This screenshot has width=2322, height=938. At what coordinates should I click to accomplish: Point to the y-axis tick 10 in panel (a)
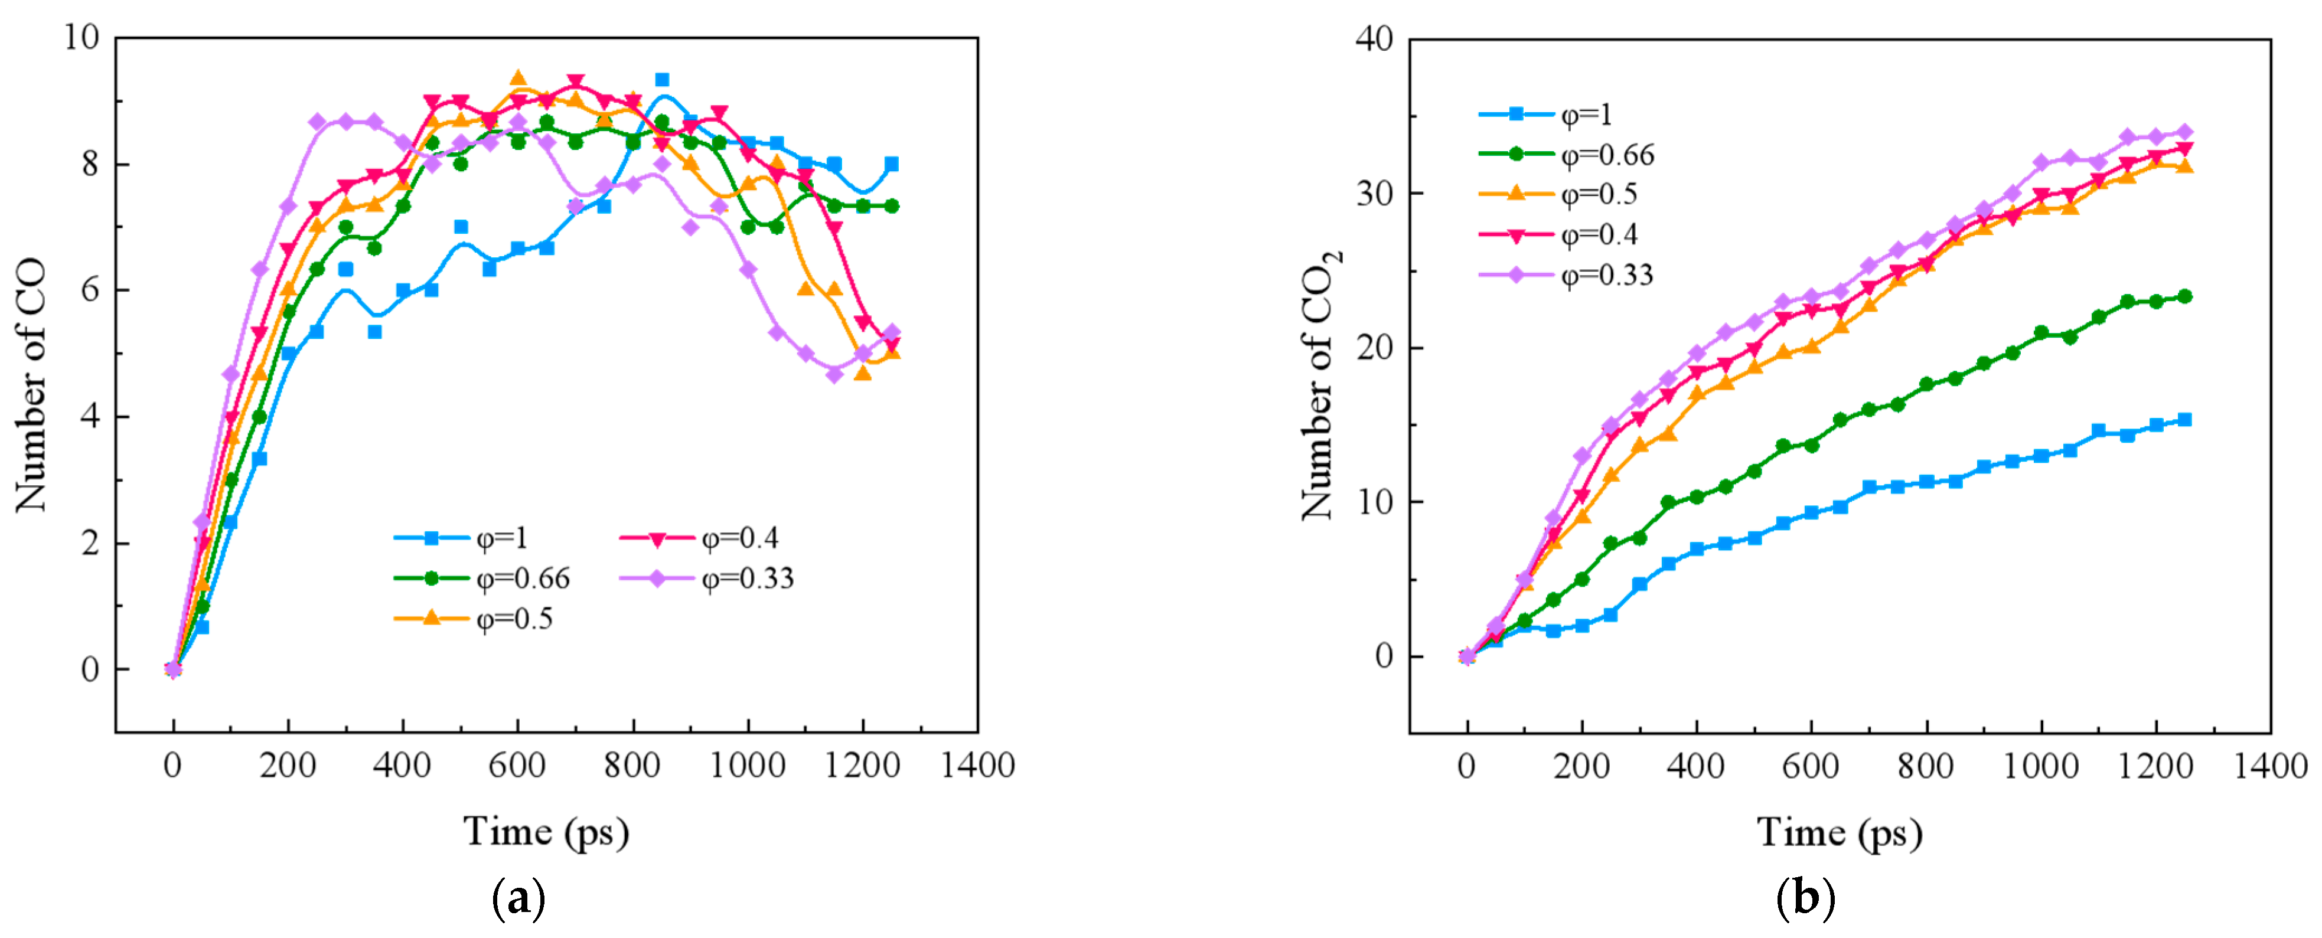(80, 37)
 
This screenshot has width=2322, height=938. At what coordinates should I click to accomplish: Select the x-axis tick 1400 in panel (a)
(977, 766)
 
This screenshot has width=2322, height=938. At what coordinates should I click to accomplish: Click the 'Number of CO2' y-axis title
(1320, 385)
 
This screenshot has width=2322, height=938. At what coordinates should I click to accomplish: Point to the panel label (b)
(1805, 898)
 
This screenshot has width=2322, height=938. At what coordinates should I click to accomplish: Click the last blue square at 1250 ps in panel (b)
(2184, 420)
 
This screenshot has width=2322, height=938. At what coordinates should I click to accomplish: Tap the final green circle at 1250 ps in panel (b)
(2184, 296)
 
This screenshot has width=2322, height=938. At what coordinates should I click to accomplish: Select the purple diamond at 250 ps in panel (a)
(317, 122)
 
